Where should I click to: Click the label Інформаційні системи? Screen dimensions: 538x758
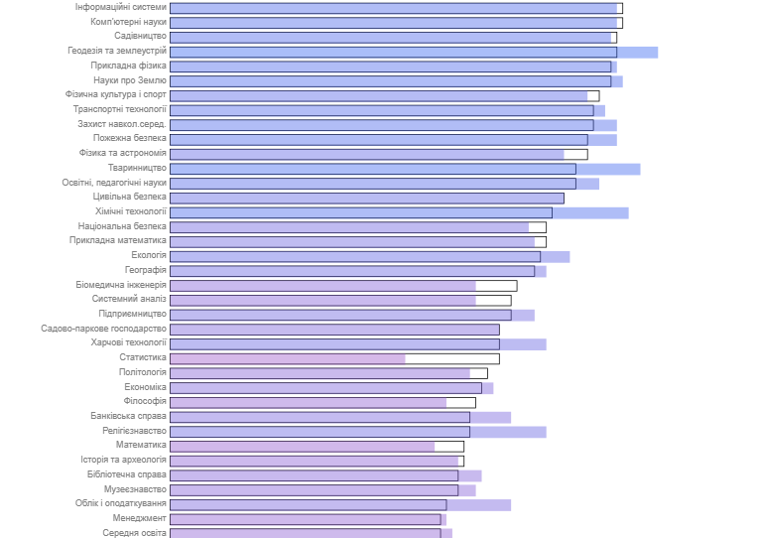120,7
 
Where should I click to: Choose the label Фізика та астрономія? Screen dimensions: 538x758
123,154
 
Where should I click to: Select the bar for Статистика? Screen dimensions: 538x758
288,358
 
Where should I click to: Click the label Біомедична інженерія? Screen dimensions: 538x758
121,285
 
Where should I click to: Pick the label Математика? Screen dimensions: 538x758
141,446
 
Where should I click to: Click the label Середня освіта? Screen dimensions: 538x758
134,533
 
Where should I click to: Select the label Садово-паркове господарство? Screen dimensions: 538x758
103,329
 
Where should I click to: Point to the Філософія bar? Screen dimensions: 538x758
309,402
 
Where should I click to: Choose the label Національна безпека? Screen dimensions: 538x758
122,226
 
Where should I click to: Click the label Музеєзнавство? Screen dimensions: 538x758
135,489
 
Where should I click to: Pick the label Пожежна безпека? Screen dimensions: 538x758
130,139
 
